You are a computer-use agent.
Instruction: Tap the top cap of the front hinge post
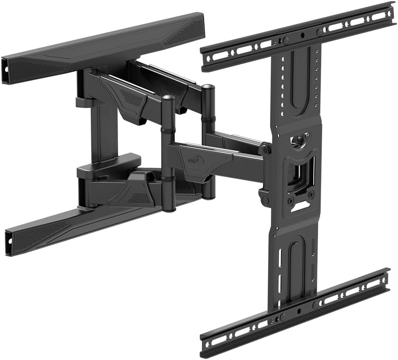coord(168,99)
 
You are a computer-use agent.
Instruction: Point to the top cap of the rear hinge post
coord(208,87)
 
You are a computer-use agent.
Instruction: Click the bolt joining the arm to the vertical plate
coord(264,149)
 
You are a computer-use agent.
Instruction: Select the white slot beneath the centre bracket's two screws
coord(299,208)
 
